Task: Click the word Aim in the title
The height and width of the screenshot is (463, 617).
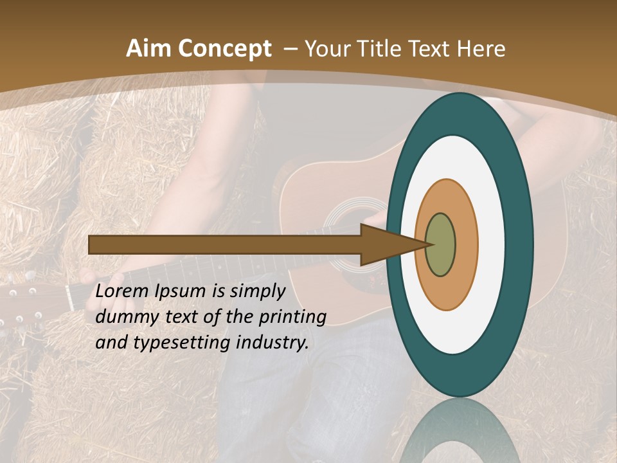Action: (x=149, y=49)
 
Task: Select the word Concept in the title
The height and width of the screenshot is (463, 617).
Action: (x=224, y=49)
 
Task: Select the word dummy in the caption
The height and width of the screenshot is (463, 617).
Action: (x=123, y=317)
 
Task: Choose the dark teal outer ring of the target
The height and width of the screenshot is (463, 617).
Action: (x=519, y=244)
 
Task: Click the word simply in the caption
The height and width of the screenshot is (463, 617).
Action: (x=257, y=291)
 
